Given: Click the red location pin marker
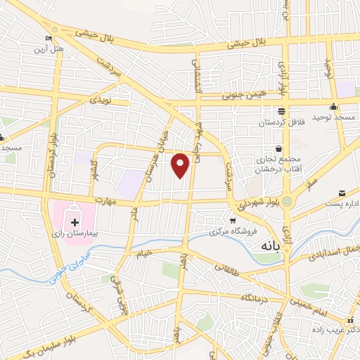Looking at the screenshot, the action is (x=181, y=164).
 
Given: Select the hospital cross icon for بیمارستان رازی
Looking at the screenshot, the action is (x=75, y=222).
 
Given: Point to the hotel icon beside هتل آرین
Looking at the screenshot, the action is (x=49, y=39).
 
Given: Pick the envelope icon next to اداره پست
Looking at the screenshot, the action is (x=342, y=193).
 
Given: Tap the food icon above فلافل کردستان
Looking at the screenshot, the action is (x=281, y=112).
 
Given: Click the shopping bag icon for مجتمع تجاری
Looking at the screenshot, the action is (x=279, y=149).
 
